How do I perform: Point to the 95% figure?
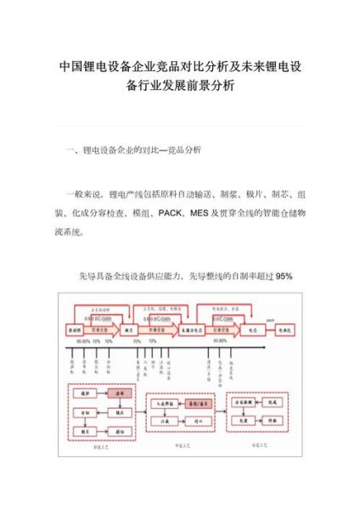(284, 276)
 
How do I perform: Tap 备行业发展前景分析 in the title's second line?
(180, 87)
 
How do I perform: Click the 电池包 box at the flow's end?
(286, 326)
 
